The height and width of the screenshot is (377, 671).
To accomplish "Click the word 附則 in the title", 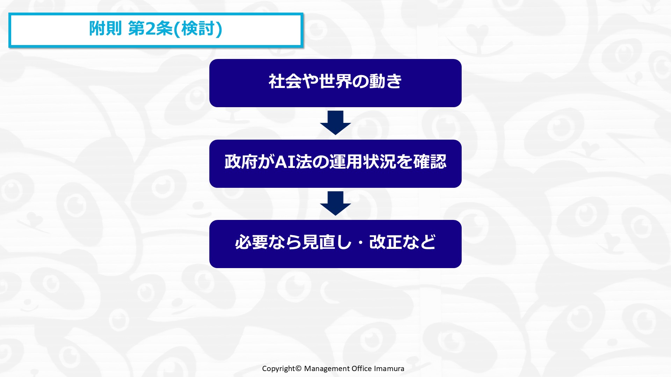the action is (x=105, y=29).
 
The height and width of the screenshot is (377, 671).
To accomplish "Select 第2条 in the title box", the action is (x=150, y=29).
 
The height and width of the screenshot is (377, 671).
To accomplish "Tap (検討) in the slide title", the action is (x=198, y=29).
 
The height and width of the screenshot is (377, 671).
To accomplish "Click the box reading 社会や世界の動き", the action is (x=335, y=83).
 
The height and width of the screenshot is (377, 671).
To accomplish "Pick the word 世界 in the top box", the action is (x=335, y=81).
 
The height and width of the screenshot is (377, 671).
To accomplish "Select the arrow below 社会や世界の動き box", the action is (x=335, y=123).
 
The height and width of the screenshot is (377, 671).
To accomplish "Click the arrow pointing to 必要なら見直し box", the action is (x=335, y=204).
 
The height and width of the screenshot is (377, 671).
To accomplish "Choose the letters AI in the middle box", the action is (x=286, y=162).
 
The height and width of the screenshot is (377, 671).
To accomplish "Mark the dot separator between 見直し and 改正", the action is (x=361, y=243).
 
